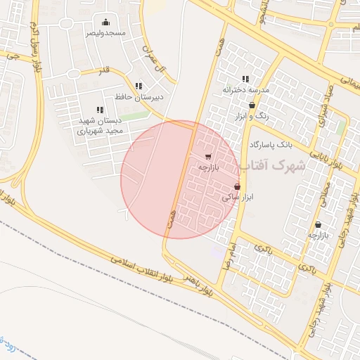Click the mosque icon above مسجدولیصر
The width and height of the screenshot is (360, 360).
106,22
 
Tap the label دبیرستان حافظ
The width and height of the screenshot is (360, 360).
139,97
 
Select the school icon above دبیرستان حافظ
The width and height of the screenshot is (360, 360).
139,86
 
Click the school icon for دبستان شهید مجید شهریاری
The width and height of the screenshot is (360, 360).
100,110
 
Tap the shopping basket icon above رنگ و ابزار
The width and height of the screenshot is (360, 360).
252,105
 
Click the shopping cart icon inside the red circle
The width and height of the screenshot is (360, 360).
208,157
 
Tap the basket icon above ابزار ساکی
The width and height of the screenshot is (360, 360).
237,186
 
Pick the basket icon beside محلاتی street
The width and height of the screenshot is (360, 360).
319,225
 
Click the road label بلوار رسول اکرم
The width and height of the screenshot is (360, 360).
34,41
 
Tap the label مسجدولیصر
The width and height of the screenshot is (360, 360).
106,33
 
